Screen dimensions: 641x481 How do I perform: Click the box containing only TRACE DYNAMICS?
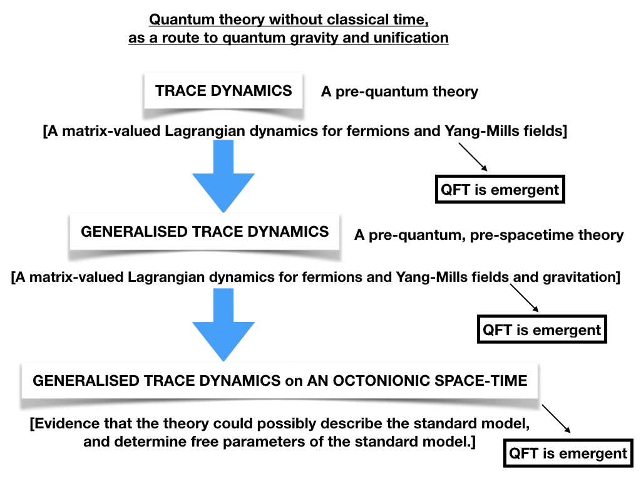pyautogui.click(x=223, y=91)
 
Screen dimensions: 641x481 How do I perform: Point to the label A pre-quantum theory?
pyautogui.click(x=399, y=91)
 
